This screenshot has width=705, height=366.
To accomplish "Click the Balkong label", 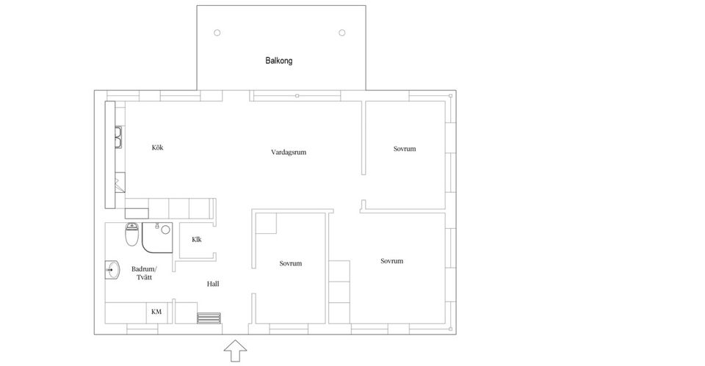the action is pos(279,61).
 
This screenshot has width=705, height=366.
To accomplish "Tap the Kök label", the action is pos(157,147).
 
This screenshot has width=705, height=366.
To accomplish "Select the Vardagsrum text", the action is pos(289,153).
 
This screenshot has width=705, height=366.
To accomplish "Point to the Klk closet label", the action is pos(197,240).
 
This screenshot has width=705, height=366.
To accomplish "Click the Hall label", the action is pos(213,284).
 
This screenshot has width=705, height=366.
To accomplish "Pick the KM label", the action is pos(156,312).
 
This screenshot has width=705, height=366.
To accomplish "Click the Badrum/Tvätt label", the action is pos(145,273).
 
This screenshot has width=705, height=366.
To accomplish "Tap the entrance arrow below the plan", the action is pos(235,351).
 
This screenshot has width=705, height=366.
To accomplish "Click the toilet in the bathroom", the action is pos(131,235).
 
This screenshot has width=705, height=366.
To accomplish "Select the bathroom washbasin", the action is pos(112,270).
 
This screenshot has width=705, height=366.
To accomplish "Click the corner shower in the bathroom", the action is pos(157,238).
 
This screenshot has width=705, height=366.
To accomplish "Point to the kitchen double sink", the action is pos(118,137).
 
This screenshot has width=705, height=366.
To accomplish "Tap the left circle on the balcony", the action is pos(217,33).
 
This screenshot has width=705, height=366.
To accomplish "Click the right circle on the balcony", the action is pos(342,33).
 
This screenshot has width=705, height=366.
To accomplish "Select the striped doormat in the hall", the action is pos(209,318).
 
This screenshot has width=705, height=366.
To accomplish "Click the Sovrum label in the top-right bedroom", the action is pos(405,149).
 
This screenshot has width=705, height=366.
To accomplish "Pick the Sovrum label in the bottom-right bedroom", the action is pos(391,261).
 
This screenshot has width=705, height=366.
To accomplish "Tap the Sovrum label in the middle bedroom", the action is pos(291,263).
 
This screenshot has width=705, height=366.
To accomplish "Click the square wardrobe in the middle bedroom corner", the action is pos(266,224).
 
